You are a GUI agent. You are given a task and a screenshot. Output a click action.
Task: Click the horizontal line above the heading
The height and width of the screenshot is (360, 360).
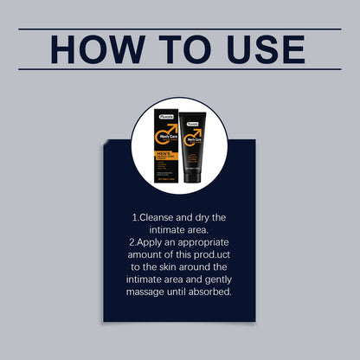coord(179,29)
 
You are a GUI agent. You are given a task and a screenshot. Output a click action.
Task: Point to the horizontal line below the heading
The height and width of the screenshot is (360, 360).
coord(179,69)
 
